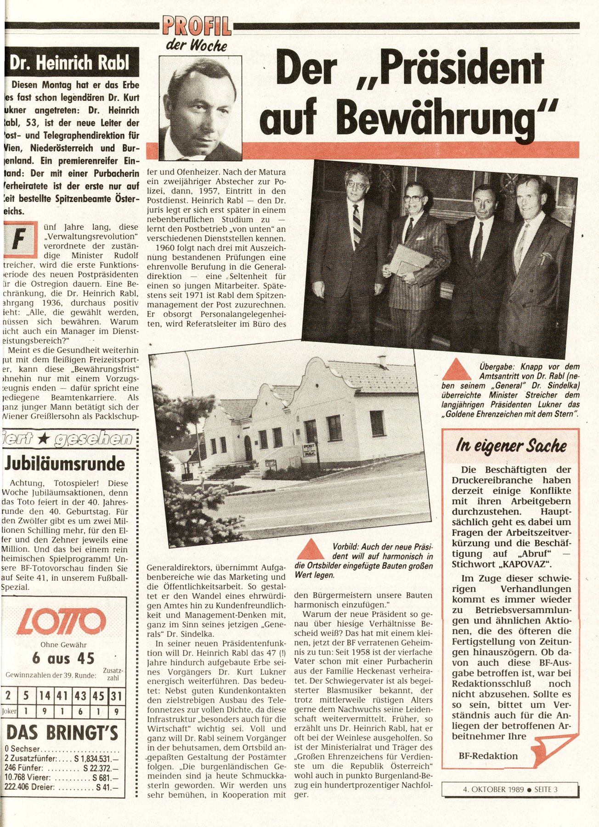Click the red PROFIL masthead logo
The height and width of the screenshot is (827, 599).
coord(197,26)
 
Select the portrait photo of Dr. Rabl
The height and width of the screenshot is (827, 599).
coord(200,108)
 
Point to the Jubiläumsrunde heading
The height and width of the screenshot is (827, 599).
coord(65,464)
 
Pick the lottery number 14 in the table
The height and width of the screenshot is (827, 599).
coord(45,696)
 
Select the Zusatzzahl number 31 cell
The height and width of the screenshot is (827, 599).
coord(116,696)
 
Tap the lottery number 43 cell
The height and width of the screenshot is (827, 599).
coord(80,696)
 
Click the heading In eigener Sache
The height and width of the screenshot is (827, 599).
coord(510,445)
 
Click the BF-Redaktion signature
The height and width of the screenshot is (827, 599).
coord(488,756)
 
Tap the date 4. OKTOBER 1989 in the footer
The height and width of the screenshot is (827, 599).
coord(493,790)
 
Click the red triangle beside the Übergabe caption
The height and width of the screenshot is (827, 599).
coord(456,370)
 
